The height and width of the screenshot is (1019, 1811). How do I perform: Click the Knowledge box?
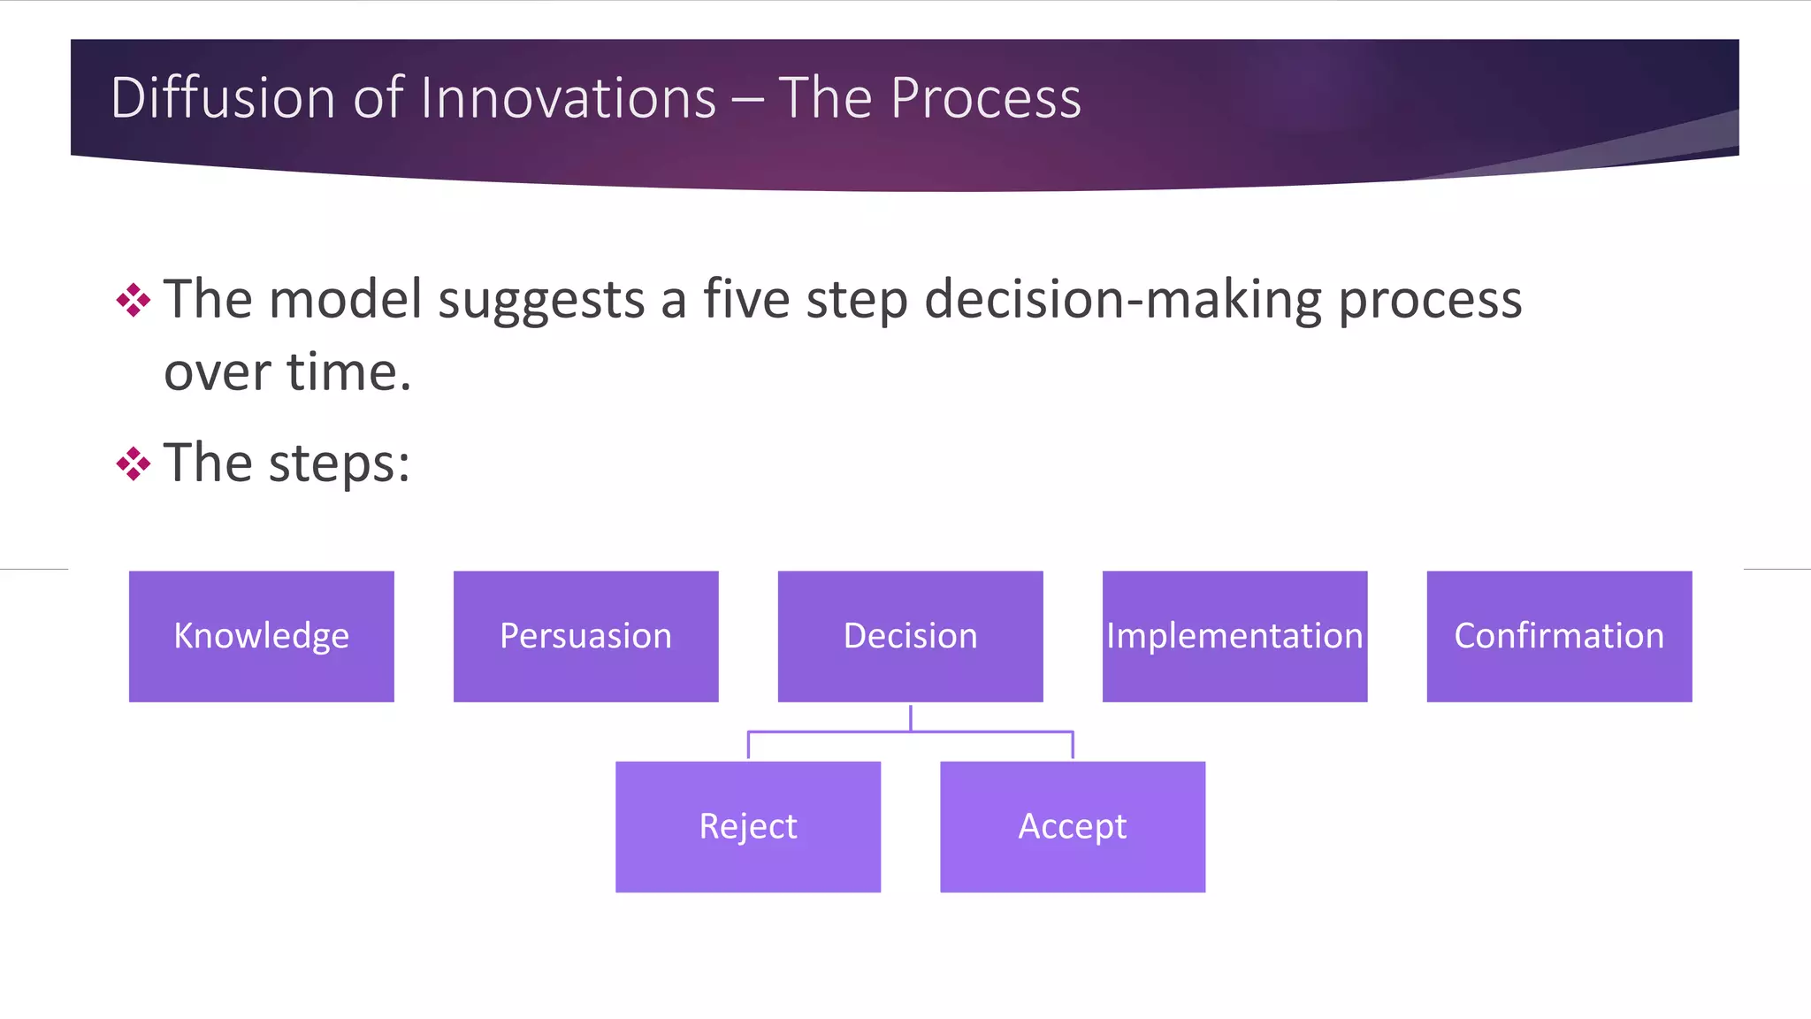pyautogui.click(x=261, y=636)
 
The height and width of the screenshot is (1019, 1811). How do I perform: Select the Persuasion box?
pyautogui.click(x=585, y=636)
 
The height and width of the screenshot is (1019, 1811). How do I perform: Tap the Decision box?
pyautogui.click(x=910, y=636)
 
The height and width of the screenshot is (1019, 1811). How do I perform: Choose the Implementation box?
pyautogui.click(x=1234, y=636)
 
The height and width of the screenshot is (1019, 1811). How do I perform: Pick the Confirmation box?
pyautogui.click(x=1559, y=636)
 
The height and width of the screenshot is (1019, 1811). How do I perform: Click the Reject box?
pyautogui.click(x=748, y=826)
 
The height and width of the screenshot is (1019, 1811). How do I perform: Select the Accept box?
pyautogui.click(x=1073, y=826)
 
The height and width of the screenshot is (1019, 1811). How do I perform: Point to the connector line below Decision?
pyautogui.click(x=910, y=731)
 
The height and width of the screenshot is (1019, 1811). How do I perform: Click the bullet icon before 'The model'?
pyautogui.click(x=134, y=300)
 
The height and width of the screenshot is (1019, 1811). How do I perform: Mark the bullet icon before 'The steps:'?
pyautogui.click(x=134, y=464)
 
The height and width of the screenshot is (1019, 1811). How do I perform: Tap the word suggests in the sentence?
pyautogui.click(x=541, y=301)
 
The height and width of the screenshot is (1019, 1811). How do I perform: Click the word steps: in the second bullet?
pyautogui.click(x=340, y=464)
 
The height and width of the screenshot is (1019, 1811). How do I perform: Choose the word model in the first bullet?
pyautogui.click(x=345, y=299)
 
